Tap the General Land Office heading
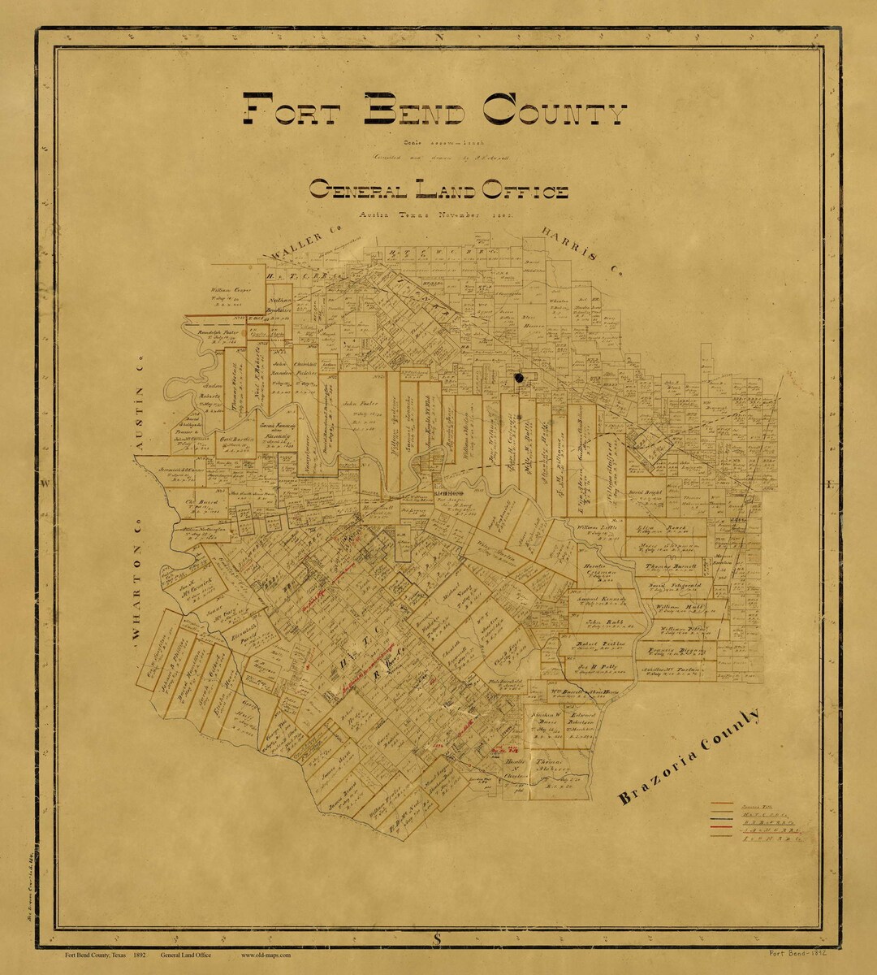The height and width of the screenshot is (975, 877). (x=438, y=191)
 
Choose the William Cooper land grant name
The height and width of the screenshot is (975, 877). (x=231, y=289)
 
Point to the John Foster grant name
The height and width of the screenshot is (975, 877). (x=361, y=403)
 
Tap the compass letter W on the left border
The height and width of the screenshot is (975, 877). (x=46, y=483)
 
